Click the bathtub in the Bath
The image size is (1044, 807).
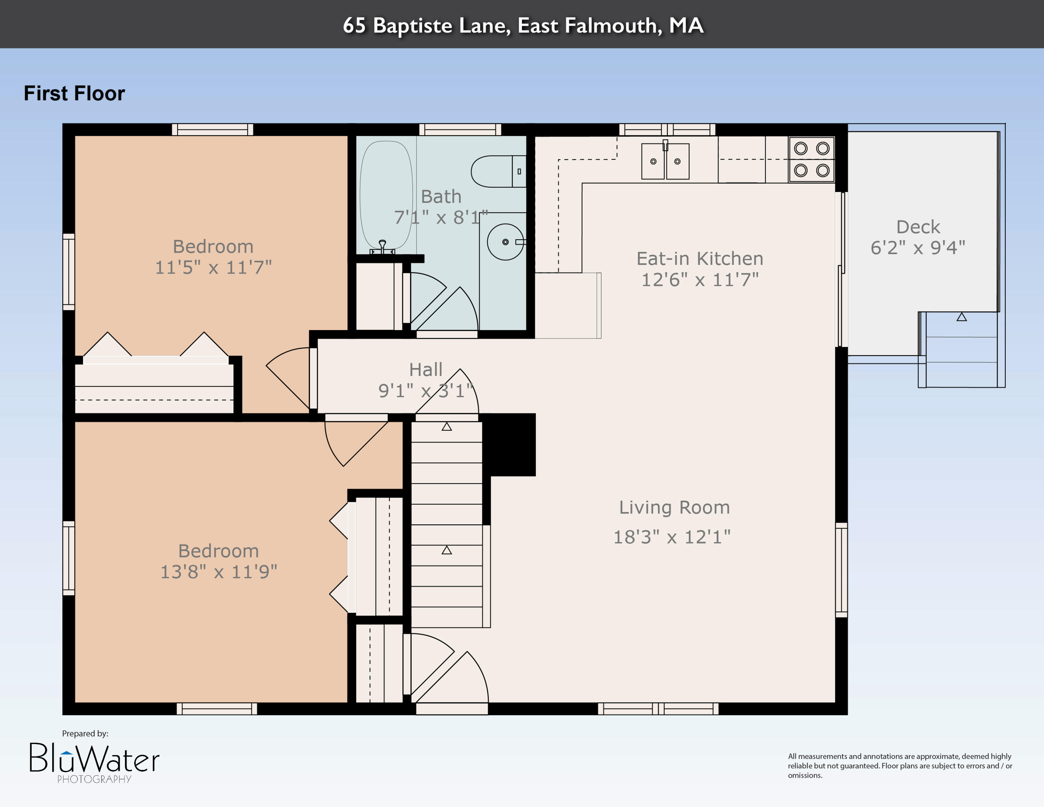point(386,196)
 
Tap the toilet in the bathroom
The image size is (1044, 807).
point(499,171)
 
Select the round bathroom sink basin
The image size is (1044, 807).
point(505,242)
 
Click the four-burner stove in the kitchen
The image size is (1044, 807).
point(812,159)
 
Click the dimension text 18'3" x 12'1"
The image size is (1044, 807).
point(672,537)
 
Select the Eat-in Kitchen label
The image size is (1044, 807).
point(700,259)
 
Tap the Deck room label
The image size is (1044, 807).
point(918,227)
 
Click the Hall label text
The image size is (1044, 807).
point(426,370)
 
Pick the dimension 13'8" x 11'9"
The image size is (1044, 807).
point(219,572)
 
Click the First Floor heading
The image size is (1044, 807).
point(74,93)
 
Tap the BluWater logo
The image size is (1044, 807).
point(95,762)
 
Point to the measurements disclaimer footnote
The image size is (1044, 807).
point(900,766)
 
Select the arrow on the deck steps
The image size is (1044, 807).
point(961,317)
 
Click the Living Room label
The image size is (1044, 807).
point(674,507)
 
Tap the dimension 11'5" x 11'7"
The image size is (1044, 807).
point(213,267)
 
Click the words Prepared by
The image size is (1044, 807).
point(85,734)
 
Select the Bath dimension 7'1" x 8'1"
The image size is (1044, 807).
point(441,218)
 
